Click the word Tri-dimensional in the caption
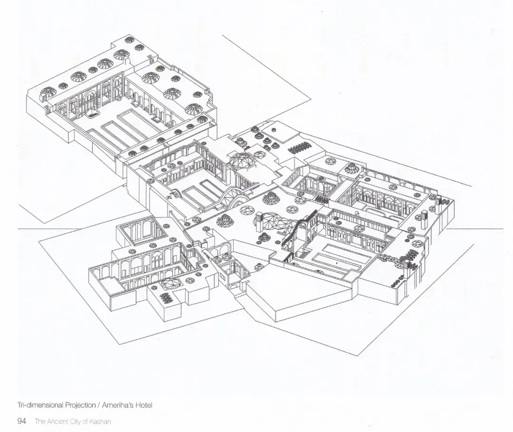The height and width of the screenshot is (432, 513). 40,405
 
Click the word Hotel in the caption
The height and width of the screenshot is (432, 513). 144,405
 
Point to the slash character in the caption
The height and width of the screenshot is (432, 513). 98,405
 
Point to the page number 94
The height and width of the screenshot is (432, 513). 21,421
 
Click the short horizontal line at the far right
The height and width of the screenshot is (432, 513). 475,229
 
